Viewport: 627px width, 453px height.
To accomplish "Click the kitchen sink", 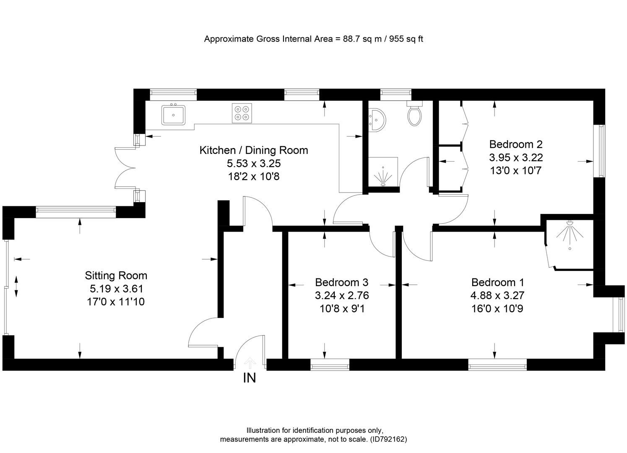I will (x=173, y=114).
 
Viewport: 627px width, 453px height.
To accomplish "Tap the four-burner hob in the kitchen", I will (x=242, y=113).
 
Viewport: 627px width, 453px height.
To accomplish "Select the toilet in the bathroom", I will (x=414, y=115).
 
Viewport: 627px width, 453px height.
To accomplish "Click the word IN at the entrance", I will (x=250, y=378).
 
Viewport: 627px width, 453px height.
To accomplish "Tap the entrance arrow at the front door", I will (x=250, y=362).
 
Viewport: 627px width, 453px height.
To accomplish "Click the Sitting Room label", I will (x=116, y=276).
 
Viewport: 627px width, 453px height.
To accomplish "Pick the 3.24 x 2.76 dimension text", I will (x=342, y=296).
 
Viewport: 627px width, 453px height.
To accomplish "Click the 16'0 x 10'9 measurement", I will (x=497, y=309).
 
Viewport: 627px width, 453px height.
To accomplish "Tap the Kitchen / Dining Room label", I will (x=253, y=150).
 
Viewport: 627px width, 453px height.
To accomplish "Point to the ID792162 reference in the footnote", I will (x=388, y=439).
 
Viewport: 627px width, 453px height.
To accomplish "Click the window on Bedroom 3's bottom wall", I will (x=330, y=365).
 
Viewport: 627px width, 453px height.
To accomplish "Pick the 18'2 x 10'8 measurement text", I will (x=253, y=177).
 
